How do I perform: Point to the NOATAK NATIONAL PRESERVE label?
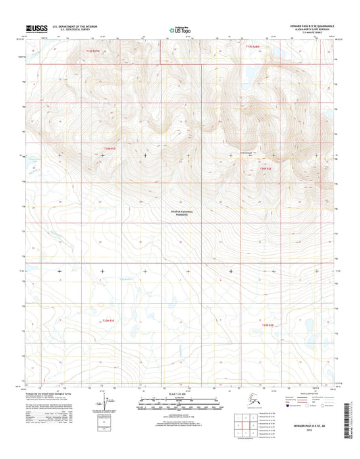181,214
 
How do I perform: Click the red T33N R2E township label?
268,325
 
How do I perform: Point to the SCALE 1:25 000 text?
180,393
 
